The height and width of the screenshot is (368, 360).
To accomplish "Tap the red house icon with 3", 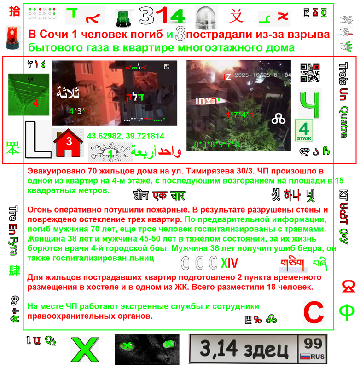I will tap(68, 144).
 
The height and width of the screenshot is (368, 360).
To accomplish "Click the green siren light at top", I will tap(123, 18).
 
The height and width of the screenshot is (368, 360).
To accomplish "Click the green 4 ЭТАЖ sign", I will tap(305, 131).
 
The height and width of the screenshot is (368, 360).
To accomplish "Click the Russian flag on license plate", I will tap(305, 356).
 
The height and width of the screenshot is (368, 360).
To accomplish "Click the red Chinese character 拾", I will tap(14, 11).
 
